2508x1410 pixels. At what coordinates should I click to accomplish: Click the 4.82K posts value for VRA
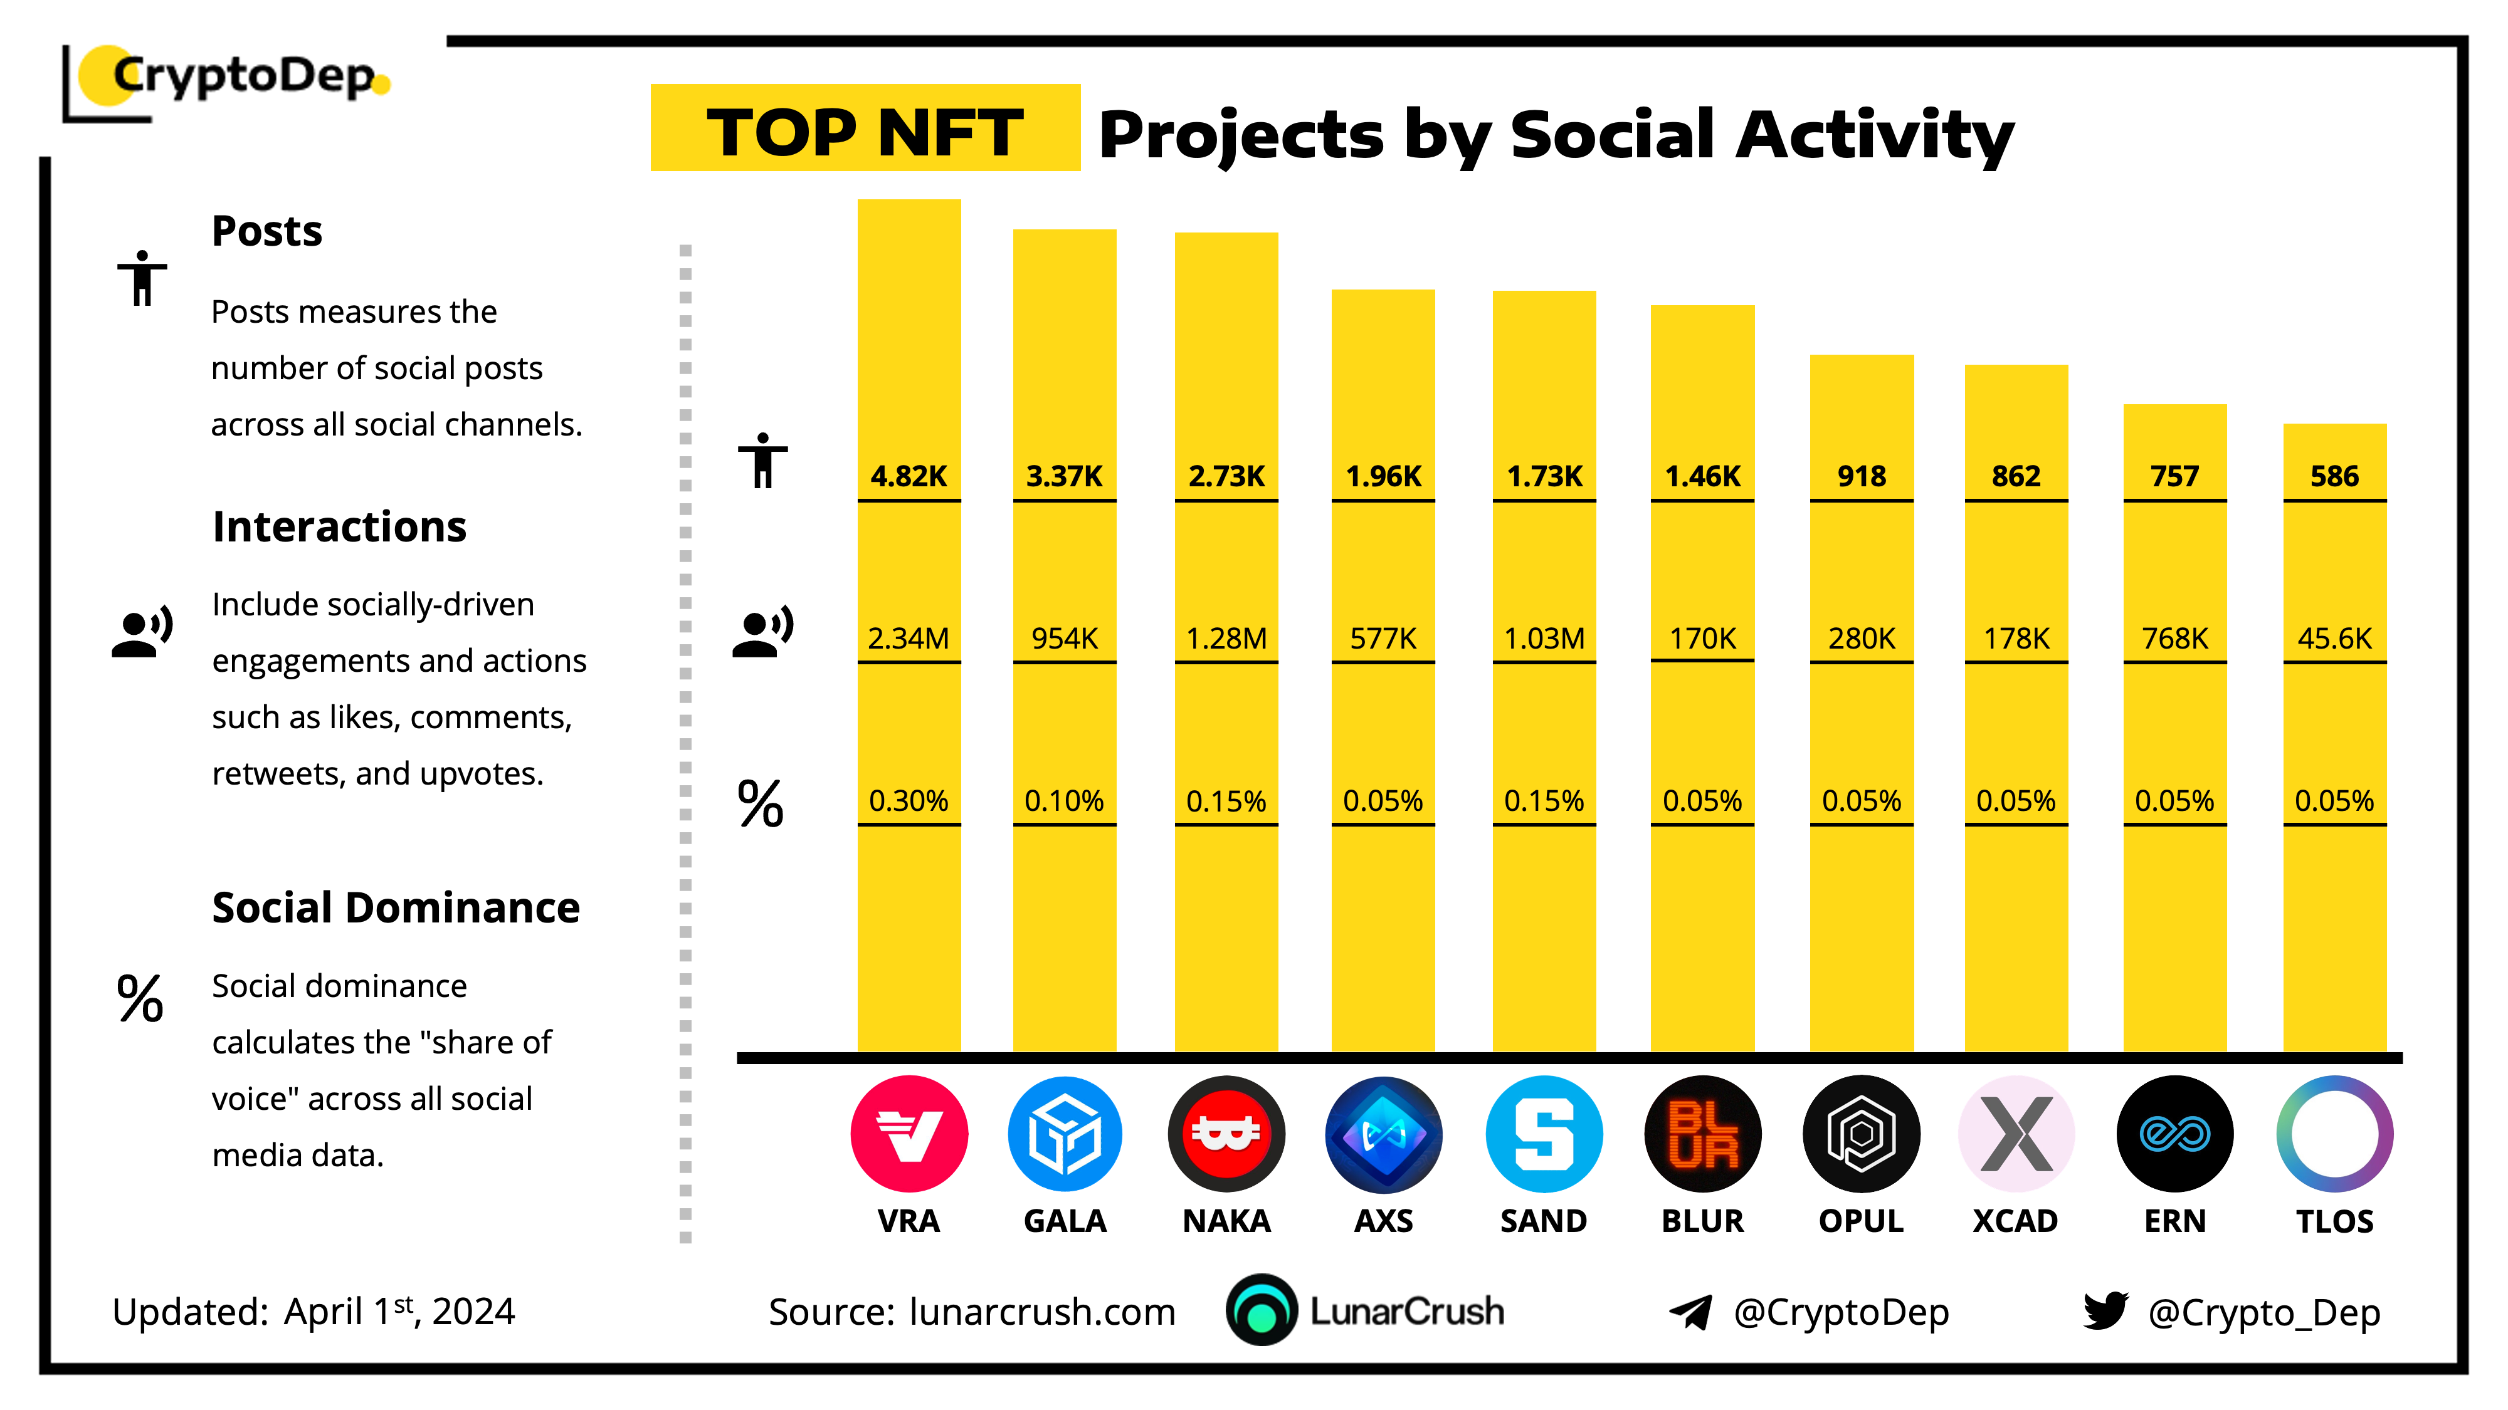[x=909, y=476]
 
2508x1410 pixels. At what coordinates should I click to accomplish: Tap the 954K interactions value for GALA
[x=1064, y=639]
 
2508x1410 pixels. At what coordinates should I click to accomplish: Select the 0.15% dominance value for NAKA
[x=1226, y=801]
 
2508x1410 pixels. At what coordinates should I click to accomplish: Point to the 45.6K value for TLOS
[x=2334, y=639]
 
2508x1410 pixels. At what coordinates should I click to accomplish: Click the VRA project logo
[x=909, y=1134]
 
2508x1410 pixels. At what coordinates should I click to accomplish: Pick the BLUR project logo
[x=1702, y=1134]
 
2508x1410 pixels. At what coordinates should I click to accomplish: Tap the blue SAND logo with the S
[x=1543, y=1134]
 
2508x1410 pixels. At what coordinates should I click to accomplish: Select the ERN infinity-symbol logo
[x=2174, y=1134]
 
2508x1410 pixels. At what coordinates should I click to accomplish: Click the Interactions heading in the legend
[x=339, y=526]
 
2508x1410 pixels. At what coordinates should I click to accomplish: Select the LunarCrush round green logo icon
[x=1262, y=1311]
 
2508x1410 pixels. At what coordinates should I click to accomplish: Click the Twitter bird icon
[x=2105, y=1311]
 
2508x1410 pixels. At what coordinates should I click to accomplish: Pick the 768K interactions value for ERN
[x=2174, y=639]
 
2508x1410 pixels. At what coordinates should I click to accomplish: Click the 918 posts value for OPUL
[x=1860, y=476]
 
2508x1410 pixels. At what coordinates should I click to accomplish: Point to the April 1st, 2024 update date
[x=399, y=1312]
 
